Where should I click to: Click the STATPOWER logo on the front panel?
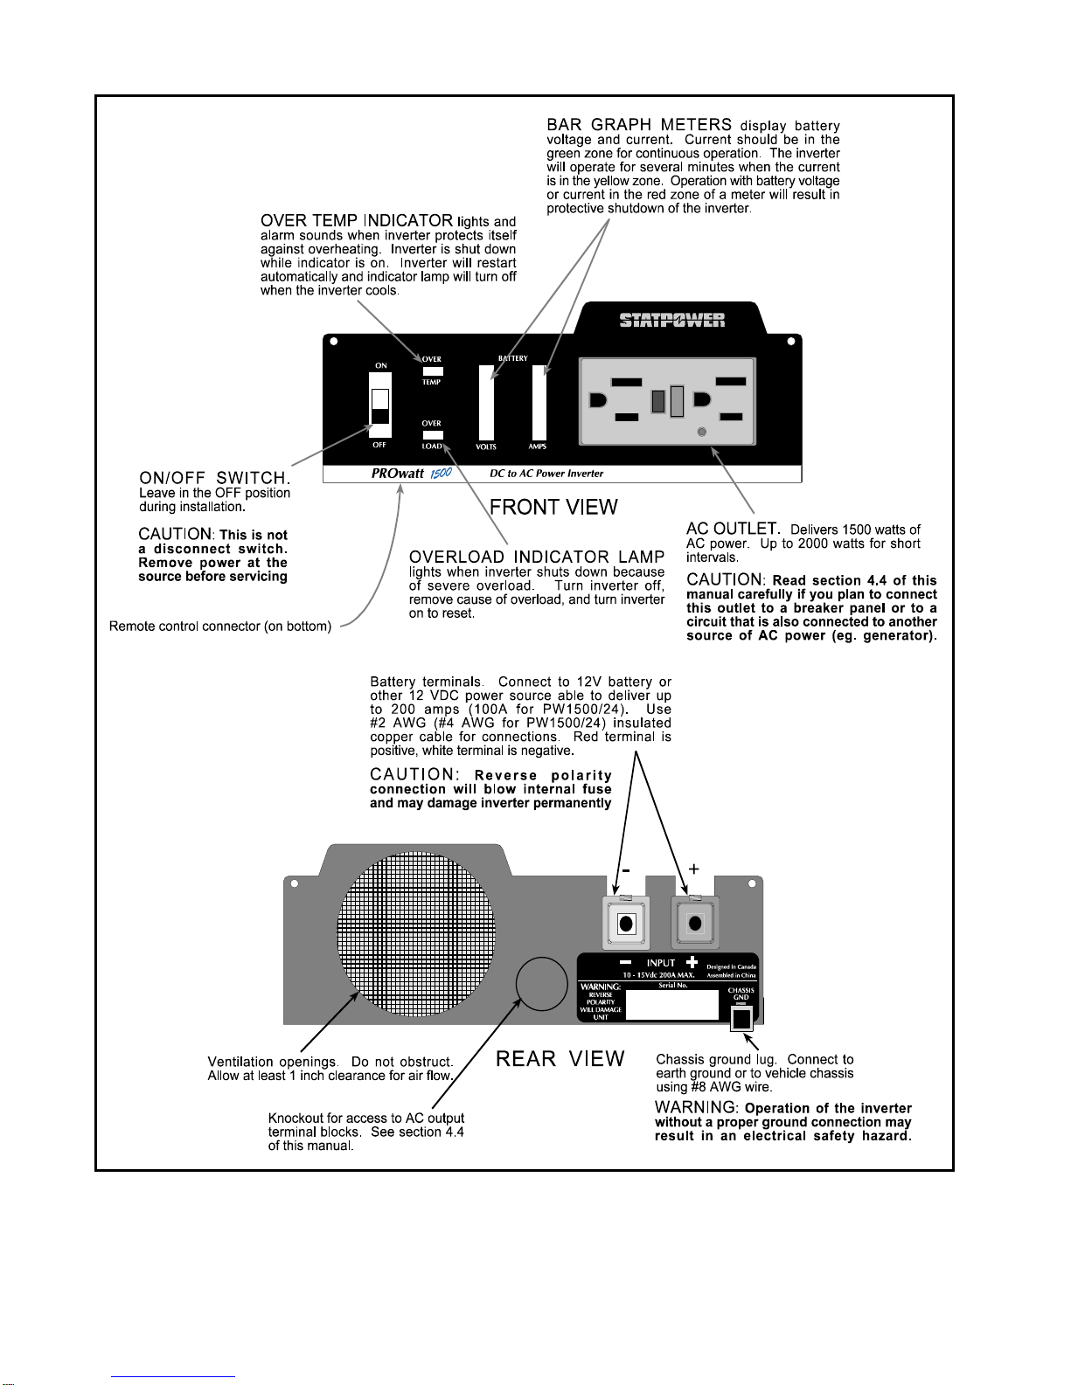672,319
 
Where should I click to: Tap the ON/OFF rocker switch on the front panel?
380,405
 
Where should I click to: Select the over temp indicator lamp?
433,371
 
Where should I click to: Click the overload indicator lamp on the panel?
433,434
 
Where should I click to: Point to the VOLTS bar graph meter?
486,402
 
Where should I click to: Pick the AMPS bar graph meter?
539,402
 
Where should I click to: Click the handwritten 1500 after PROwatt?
442,473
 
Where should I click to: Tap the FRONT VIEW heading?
553,507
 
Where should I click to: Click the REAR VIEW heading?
560,1058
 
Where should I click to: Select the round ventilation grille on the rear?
415,933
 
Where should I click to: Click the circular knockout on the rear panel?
541,983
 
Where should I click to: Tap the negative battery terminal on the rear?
626,922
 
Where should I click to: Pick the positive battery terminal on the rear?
695,922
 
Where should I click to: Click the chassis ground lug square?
741,1019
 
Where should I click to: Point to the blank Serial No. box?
672,1005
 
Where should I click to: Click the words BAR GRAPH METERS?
639,124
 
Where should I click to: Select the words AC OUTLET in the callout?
734,529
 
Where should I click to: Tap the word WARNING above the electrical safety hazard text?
696,1107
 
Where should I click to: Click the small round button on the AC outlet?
702,432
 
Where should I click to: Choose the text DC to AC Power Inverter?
546,474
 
